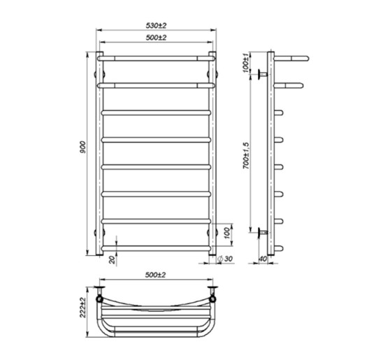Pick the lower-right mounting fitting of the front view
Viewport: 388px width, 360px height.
217,231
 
